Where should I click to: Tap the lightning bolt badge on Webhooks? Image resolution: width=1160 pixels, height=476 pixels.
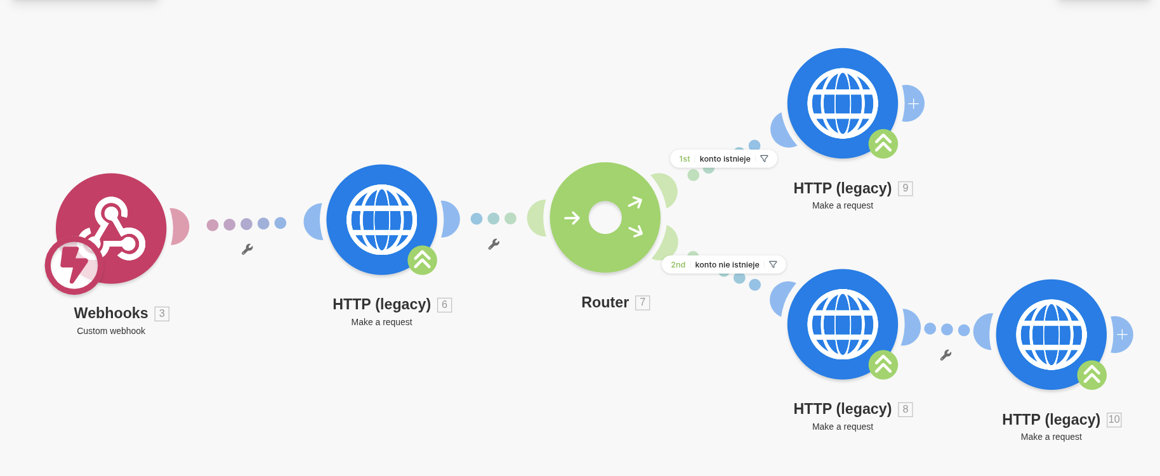(74, 265)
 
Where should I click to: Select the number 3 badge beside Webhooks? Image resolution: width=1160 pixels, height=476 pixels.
(162, 314)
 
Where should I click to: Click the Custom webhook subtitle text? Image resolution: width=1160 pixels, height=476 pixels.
(111, 331)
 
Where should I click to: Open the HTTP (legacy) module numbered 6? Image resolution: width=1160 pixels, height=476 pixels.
(381, 219)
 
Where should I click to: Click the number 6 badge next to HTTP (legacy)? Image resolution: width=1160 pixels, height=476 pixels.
(444, 305)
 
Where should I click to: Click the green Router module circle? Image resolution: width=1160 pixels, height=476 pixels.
(605, 217)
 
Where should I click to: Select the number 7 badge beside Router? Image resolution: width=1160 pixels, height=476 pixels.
(642, 303)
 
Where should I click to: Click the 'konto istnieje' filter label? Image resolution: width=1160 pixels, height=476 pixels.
(725, 159)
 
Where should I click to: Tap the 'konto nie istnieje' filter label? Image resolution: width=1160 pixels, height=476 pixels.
(727, 265)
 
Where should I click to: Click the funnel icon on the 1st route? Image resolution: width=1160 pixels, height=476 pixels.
(764, 159)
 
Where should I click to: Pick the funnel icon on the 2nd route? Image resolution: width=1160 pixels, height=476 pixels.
(773, 265)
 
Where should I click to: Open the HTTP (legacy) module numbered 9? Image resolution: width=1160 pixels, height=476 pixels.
(842, 103)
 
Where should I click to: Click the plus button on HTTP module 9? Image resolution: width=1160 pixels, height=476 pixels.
(914, 103)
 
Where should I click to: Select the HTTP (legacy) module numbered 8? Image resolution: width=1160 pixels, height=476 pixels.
(842, 325)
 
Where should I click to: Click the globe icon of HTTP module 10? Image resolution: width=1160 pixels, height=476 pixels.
(1051, 335)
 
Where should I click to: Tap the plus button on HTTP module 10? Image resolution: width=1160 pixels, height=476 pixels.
(1123, 335)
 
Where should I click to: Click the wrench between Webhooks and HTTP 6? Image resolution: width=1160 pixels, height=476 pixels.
(247, 250)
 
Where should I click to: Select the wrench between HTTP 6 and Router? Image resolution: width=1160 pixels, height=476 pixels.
(494, 244)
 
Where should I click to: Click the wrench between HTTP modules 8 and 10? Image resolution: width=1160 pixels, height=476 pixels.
(946, 356)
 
